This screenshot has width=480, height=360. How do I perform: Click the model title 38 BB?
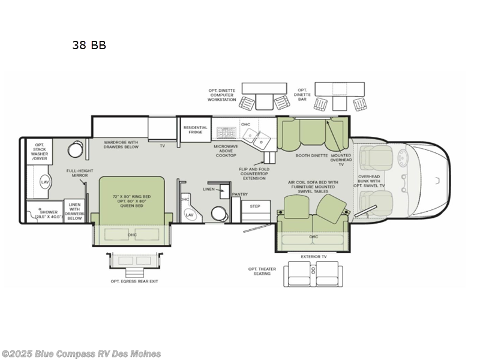[x=89, y=45]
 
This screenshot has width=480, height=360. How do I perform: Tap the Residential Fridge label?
[x=195, y=130]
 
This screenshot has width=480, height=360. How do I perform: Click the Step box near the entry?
[x=255, y=206]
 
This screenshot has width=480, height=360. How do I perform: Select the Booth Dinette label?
[x=311, y=155]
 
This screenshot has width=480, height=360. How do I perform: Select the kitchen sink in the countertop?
[x=262, y=140]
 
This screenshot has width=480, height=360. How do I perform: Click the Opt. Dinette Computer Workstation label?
[x=222, y=96]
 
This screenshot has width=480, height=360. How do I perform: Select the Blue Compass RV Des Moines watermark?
[x=81, y=353]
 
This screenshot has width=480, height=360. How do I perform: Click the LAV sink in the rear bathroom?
[x=45, y=181]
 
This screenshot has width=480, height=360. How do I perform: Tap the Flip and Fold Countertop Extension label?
[x=254, y=174]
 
